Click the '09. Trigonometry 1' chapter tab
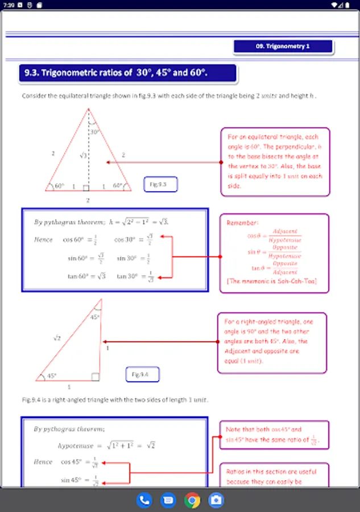(283, 46)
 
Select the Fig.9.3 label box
(161, 184)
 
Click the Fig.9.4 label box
(142, 374)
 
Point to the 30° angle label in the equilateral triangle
(94, 131)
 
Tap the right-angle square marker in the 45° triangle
(96, 377)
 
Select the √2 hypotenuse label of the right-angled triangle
(57, 338)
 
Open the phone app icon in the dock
(144, 501)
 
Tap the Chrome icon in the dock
(192, 501)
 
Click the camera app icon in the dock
(216, 501)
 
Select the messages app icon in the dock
(168, 501)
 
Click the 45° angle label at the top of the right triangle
(95, 317)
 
